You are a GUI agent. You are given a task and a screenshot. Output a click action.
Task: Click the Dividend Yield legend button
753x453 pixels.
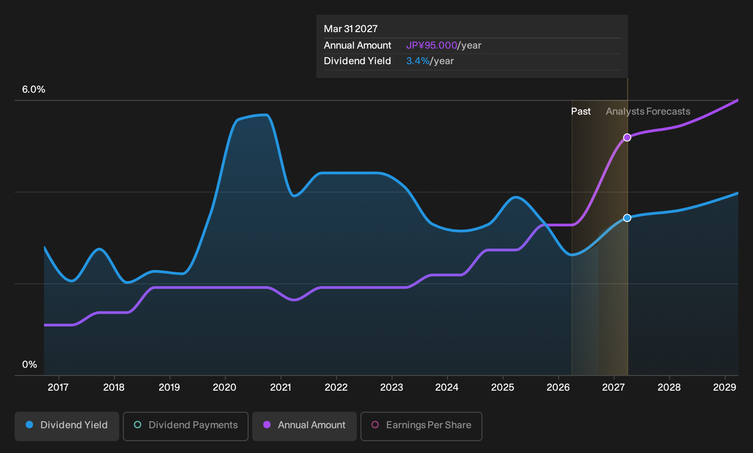(x=67, y=426)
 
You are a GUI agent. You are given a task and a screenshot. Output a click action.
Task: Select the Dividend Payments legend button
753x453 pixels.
(x=186, y=426)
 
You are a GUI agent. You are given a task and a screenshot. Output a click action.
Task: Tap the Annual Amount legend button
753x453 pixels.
(x=304, y=426)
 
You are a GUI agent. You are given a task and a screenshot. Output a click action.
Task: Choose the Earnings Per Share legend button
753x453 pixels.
(x=421, y=426)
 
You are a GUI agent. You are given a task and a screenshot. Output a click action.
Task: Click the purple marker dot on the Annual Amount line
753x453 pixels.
(x=627, y=138)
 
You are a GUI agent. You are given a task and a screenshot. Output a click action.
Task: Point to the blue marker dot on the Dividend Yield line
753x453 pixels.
(x=627, y=218)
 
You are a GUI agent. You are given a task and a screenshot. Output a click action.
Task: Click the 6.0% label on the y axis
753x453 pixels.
(x=33, y=89)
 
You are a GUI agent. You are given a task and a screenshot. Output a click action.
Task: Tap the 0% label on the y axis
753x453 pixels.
(x=30, y=365)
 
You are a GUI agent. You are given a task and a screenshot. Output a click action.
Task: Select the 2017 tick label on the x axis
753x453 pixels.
(x=58, y=387)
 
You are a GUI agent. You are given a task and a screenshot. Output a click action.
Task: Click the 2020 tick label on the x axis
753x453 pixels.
(x=225, y=387)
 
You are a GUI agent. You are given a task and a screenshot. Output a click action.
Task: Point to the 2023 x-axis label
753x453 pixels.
(x=392, y=387)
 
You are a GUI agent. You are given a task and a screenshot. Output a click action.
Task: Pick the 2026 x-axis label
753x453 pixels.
(x=558, y=387)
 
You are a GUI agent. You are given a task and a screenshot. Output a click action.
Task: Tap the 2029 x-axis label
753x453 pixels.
(x=725, y=387)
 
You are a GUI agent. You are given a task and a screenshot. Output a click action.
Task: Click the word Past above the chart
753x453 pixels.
(x=581, y=111)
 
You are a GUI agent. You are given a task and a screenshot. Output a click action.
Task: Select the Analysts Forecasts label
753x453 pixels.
(x=648, y=111)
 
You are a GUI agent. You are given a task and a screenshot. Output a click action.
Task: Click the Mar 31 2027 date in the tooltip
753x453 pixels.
(x=351, y=29)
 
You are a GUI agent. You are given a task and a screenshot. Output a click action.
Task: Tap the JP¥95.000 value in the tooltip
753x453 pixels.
(x=432, y=45)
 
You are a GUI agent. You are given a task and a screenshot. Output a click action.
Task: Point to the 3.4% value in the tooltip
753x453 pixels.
(x=418, y=61)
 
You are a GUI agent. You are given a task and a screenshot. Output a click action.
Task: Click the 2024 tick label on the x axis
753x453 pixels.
(x=447, y=387)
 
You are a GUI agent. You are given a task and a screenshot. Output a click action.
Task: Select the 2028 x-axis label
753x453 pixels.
(x=669, y=387)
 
